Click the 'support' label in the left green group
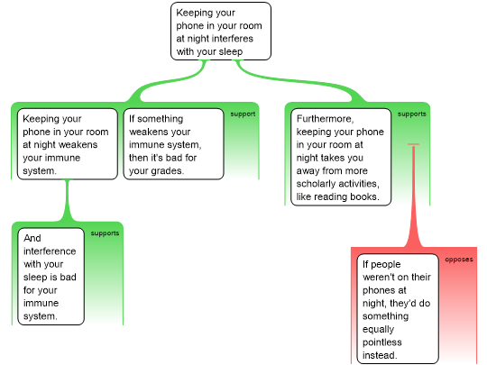[243, 114]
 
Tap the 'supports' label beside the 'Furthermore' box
[412, 114]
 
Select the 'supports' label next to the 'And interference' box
[105, 233]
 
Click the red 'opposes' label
[459, 260]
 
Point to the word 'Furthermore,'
[325, 119]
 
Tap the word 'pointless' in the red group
[382, 342]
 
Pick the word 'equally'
[378, 329]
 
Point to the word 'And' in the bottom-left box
[32, 238]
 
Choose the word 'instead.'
[380, 355]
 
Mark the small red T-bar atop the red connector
[413, 144]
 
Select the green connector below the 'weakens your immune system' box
[67, 200]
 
